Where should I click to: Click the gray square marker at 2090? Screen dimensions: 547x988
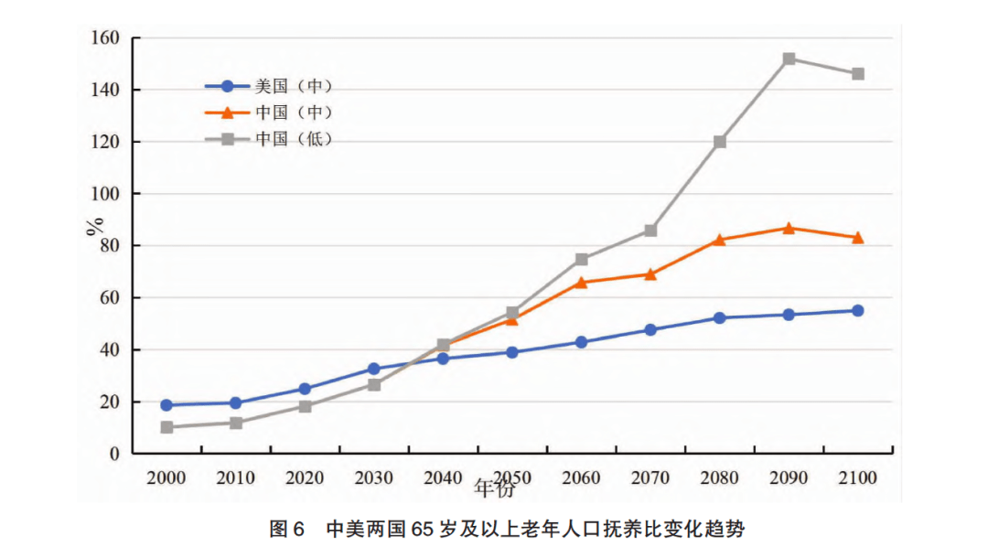[x=789, y=59]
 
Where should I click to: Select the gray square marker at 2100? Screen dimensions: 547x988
[x=858, y=74]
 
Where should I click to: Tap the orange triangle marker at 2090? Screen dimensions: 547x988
[x=789, y=228]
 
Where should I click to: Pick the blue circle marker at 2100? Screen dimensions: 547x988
[x=858, y=311]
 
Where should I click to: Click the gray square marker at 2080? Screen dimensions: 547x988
[x=720, y=142]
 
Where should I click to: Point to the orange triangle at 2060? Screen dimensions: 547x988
[x=581, y=283]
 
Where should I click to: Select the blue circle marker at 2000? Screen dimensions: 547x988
[x=166, y=405]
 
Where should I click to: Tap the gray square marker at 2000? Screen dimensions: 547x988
[x=166, y=427]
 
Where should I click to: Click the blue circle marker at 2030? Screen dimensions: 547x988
[x=374, y=370]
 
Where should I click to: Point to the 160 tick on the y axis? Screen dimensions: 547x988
[x=105, y=38]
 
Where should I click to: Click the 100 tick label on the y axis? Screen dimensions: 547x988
[x=105, y=194]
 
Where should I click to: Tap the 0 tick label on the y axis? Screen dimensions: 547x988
[x=114, y=454]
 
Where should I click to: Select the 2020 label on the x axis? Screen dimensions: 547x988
[x=305, y=478]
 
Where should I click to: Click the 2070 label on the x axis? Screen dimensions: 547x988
[x=650, y=478]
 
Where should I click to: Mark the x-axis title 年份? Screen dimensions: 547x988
[x=495, y=489]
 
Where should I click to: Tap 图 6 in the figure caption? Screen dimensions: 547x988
[x=286, y=529]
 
